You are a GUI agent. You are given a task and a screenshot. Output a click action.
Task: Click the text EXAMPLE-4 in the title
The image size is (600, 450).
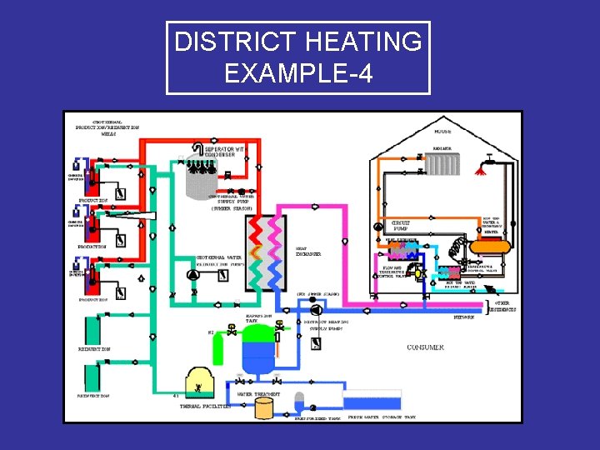click(297, 74)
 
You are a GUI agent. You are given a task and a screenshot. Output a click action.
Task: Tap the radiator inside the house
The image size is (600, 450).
click(450, 163)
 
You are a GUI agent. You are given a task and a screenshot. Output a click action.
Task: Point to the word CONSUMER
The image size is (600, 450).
click(425, 347)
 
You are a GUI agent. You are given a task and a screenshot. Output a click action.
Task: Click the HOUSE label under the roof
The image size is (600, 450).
click(443, 132)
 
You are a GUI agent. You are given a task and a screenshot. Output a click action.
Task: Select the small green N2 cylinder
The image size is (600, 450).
click(217, 346)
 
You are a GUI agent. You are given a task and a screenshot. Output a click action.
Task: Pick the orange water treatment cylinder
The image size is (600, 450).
click(265, 407)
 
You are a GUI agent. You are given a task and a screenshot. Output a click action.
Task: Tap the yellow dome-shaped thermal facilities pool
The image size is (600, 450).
click(201, 382)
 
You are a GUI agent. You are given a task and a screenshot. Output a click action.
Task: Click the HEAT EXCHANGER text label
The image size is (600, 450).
click(308, 250)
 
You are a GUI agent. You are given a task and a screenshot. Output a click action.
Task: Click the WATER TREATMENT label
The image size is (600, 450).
click(259, 394)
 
